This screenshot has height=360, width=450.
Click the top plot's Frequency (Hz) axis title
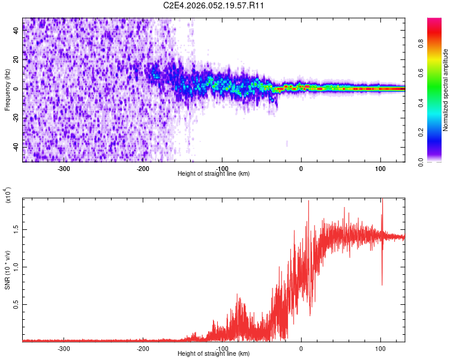pos(7,89)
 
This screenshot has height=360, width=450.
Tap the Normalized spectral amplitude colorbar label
pos(446,90)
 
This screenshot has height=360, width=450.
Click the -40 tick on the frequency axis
pos(16,147)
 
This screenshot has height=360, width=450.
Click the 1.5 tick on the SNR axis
pos(16,229)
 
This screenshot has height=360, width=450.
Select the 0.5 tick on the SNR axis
pos(16,305)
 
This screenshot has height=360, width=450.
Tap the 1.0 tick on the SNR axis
pos(16,267)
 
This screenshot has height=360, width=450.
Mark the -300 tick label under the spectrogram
pos(64,169)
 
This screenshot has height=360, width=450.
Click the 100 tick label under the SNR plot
pos(380,349)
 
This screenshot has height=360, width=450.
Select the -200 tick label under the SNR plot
pos(143,349)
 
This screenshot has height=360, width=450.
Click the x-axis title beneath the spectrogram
pos(214,173)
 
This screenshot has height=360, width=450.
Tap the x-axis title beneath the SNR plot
pos(214,353)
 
